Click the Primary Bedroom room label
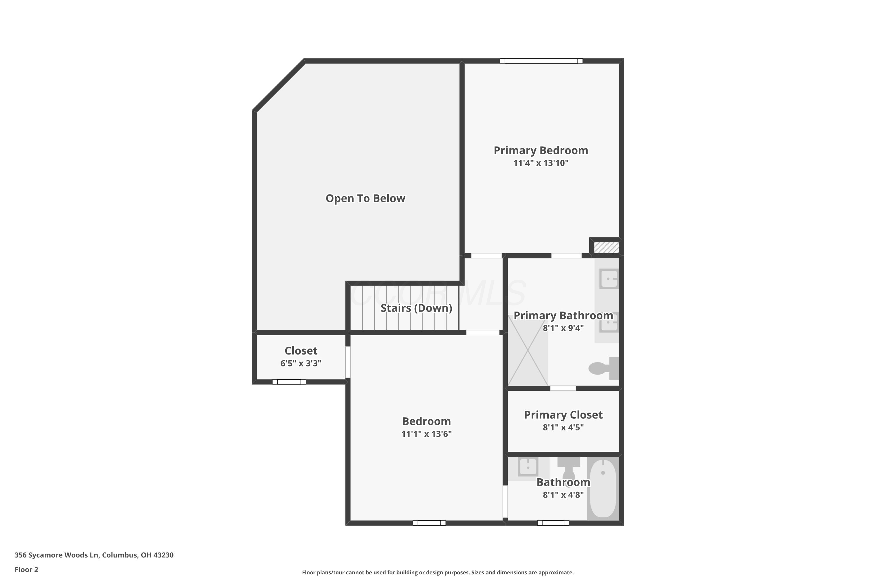coord(541,150)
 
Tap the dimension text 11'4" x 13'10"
coord(541,163)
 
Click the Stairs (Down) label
coord(416,308)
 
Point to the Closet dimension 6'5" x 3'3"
coord(301,363)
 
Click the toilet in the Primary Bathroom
coord(604,368)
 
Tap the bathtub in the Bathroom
coord(603,489)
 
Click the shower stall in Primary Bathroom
coord(528,350)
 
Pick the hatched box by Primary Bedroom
coord(606,248)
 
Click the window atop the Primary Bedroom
coord(541,61)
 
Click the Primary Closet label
coord(563,415)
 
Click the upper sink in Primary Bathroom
coord(609,279)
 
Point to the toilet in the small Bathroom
coord(569,469)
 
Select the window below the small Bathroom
coord(553,523)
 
